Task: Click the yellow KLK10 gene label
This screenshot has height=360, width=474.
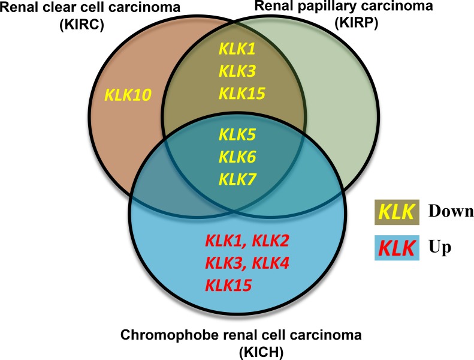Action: click(128, 94)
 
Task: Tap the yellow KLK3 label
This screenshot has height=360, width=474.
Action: click(237, 71)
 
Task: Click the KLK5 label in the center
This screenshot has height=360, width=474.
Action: click(237, 136)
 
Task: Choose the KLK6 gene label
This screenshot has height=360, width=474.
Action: click(237, 157)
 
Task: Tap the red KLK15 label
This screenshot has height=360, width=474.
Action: click(228, 284)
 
